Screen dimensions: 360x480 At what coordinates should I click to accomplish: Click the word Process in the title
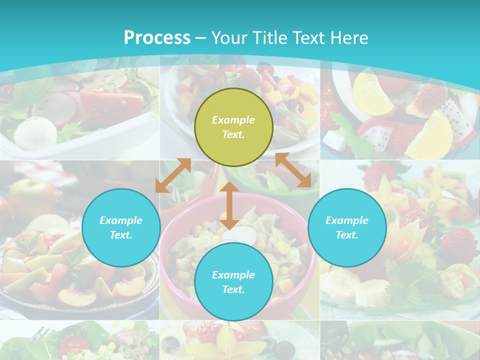click(x=157, y=38)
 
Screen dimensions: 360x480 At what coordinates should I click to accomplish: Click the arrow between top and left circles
click(x=173, y=175)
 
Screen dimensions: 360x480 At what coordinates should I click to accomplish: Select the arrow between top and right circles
click(x=293, y=170)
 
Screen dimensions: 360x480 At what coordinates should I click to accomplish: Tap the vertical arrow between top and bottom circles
click(x=229, y=205)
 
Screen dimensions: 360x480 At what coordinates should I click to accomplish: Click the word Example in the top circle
click(x=233, y=120)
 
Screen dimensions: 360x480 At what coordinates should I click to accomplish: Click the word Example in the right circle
click(x=347, y=220)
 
